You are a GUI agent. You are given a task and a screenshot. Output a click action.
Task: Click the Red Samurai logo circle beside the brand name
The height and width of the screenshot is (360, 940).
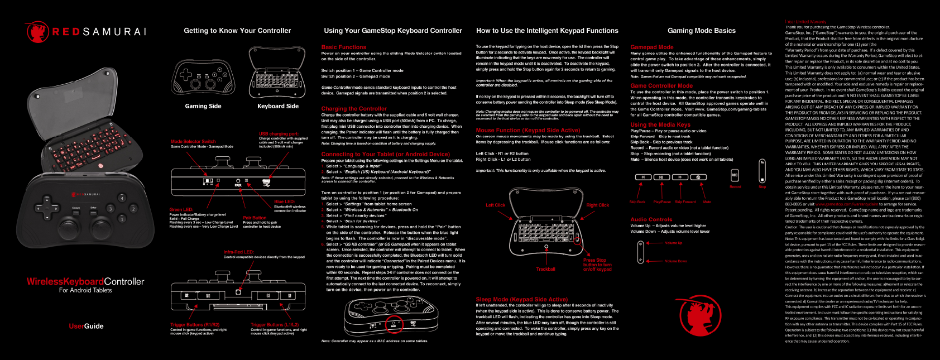[37, 32]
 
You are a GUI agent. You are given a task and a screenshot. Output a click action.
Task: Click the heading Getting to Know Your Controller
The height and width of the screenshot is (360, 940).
[237, 31]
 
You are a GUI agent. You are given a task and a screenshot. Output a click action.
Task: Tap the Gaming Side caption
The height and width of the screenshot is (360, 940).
[203, 106]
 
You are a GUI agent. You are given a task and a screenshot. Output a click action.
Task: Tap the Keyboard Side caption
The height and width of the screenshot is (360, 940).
[278, 106]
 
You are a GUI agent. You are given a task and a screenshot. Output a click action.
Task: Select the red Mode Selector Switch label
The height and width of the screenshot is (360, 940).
[193, 142]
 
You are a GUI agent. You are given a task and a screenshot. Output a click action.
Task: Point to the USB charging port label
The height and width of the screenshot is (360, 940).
[279, 134]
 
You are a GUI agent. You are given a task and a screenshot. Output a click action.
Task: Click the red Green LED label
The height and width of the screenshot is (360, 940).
[181, 210]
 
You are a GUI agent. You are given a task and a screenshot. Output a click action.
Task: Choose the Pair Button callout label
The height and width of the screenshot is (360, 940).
[255, 218]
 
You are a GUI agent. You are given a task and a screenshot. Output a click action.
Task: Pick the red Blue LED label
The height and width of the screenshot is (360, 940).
[285, 202]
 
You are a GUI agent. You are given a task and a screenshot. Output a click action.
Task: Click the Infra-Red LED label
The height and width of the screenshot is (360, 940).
[238, 252]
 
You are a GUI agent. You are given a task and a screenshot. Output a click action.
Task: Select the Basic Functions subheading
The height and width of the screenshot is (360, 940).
[344, 47]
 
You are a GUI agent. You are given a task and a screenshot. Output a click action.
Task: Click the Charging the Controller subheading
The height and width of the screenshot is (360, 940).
[354, 109]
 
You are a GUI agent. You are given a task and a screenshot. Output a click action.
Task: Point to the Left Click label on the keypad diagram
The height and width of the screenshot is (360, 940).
[495, 205]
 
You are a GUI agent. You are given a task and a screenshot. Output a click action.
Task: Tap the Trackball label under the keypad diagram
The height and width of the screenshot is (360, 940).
[545, 270]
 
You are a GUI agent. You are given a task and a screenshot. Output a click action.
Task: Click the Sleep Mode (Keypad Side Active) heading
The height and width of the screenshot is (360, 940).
[521, 300]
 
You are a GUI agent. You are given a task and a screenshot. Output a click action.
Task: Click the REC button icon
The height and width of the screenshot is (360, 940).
[735, 175]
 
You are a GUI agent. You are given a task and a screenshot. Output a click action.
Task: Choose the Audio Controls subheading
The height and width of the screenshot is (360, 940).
[651, 220]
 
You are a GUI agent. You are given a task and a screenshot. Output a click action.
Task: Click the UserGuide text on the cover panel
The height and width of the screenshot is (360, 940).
[86, 327]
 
